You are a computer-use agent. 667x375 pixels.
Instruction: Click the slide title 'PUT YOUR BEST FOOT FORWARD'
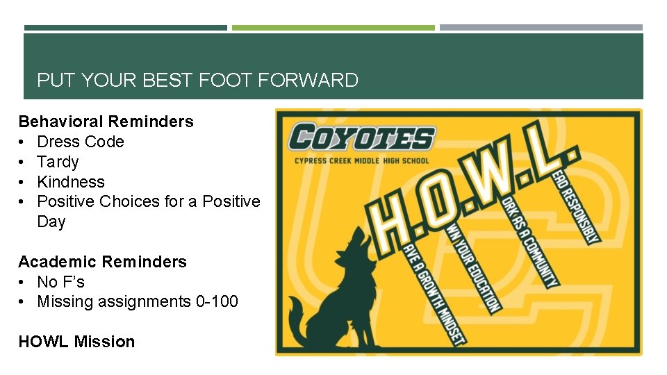click(x=197, y=81)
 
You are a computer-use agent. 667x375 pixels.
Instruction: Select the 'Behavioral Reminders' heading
click(x=106, y=122)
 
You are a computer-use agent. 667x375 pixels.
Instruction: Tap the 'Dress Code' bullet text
click(x=81, y=142)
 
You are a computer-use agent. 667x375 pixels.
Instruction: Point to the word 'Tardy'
click(x=58, y=162)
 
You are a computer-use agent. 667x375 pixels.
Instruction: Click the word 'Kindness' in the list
click(x=71, y=182)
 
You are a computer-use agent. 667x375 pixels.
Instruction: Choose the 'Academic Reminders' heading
click(x=102, y=262)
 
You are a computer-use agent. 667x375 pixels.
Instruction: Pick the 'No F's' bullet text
click(x=60, y=282)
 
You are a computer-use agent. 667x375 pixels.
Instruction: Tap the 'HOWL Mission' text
click(x=76, y=342)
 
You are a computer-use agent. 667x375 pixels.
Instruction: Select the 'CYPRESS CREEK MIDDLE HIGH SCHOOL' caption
click(x=362, y=162)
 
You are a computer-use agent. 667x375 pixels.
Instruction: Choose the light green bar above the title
click(x=333, y=28)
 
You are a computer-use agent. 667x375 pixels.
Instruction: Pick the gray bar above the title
click(x=541, y=28)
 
